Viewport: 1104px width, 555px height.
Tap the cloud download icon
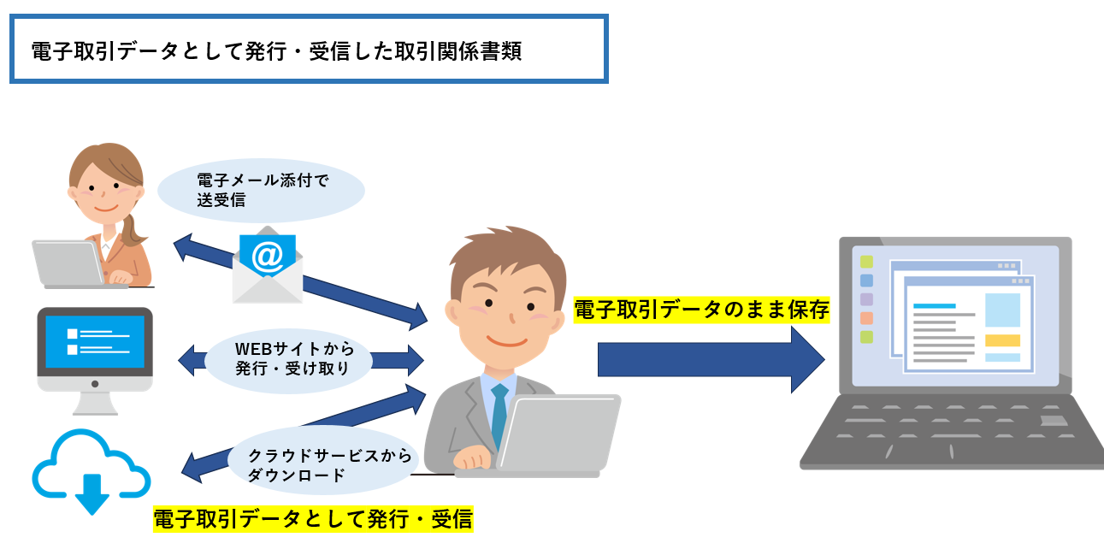click(x=92, y=470)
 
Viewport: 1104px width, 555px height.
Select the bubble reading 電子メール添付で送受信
click(x=262, y=190)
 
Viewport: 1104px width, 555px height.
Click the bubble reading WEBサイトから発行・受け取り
click(x=291, y=359)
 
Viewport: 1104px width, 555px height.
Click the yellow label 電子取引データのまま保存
click(x=701, y=310)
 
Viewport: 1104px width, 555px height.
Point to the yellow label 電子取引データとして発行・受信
click(x=312, y=519)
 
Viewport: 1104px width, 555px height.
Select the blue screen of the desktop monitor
click(x=94, y=341)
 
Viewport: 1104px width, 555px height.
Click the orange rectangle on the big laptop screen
click(x=1002, y=340)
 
